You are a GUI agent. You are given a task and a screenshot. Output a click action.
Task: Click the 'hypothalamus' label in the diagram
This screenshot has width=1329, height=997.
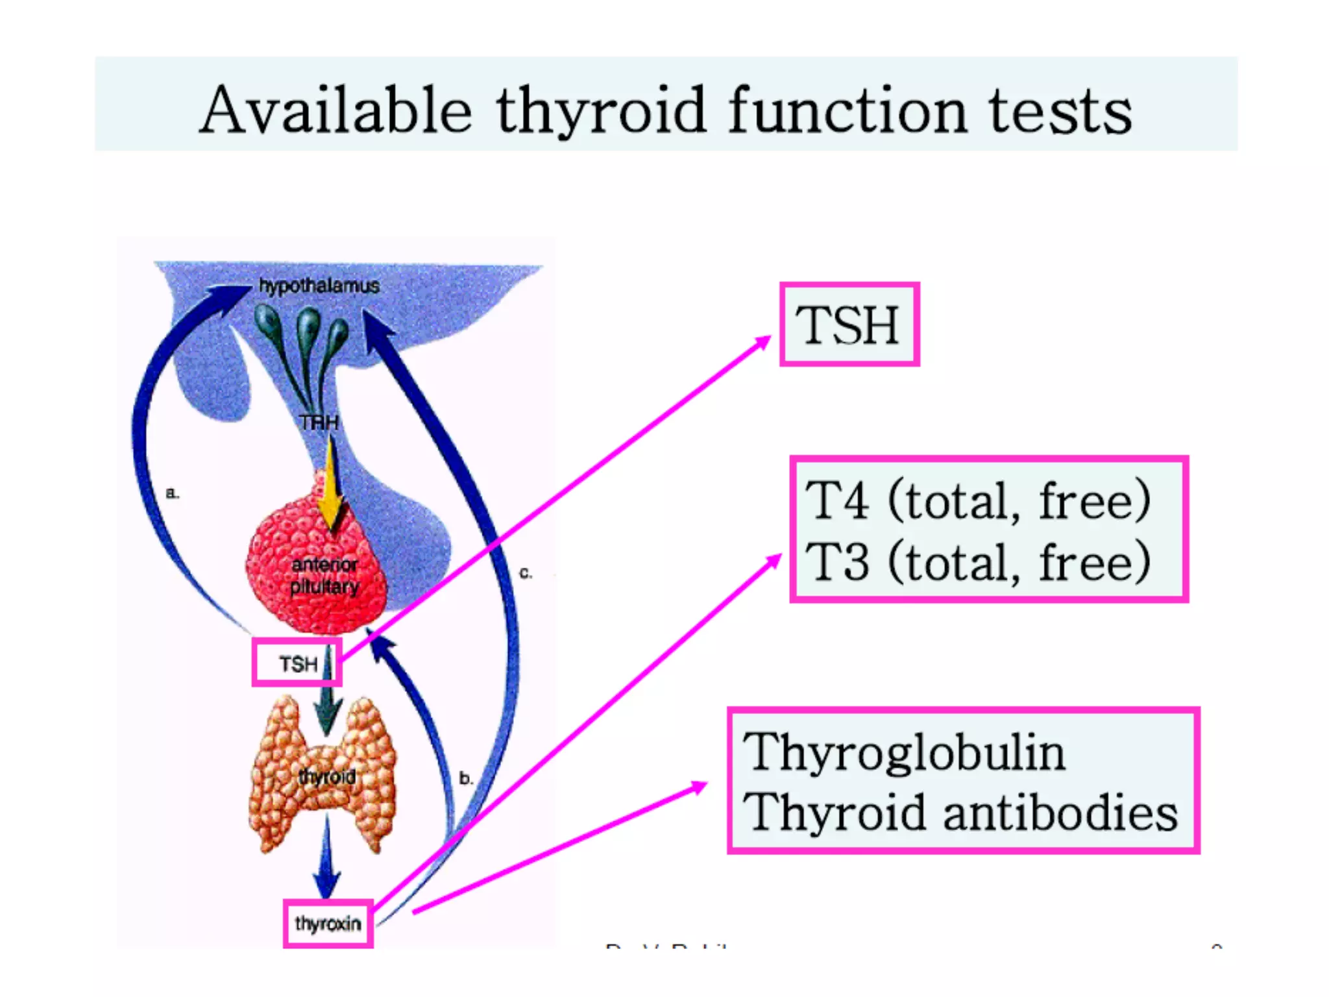[x=319, y=286]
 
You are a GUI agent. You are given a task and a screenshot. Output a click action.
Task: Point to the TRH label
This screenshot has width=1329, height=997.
[x=319, y=423]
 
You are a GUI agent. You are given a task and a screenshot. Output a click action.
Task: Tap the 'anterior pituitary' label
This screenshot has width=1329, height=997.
[x=324, y=576]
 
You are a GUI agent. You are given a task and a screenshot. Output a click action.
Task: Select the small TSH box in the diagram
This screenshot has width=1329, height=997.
[x=297, y=663]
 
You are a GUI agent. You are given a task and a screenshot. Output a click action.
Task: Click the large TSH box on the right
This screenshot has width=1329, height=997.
[x=849, y=325]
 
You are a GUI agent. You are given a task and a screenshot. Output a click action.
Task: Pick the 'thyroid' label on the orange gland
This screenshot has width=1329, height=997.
[x=327, y=776]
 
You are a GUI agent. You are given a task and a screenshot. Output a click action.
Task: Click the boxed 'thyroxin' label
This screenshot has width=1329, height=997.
[x=328, y=923]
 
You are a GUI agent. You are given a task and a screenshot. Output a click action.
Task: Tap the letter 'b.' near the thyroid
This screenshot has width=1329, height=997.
[x=466, y=778]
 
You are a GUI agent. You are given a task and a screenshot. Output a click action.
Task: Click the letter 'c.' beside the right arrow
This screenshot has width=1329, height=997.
[x=526, y=573]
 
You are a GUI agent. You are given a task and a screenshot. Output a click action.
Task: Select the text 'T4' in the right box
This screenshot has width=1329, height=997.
[x=836, y=500]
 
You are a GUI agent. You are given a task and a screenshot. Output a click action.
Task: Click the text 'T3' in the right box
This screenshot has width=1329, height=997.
[x=836, y=562]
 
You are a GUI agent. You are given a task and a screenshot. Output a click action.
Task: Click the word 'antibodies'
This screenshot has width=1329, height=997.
[x=1060, y=813]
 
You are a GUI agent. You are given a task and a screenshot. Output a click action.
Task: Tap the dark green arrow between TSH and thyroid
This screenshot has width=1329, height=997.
[x=328, y=711]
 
